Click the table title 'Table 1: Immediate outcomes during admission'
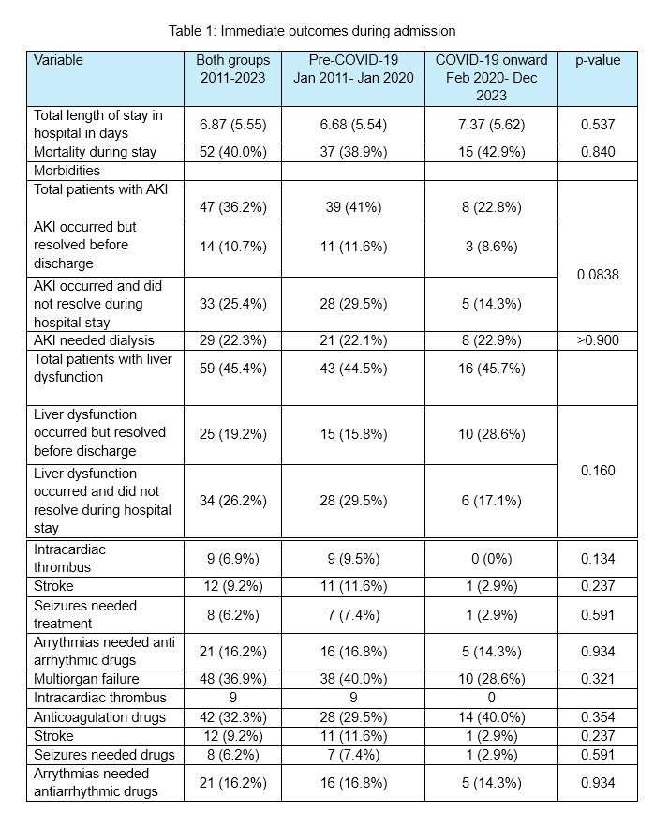[312, 31]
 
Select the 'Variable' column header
[58, 60]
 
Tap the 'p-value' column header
[598, 60]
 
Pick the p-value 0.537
[598, 125]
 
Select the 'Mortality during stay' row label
[95, 152]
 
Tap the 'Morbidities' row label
[67, 171]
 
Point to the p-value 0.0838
[598, 275]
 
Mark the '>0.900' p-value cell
[598, 340]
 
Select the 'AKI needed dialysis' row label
[94, 340]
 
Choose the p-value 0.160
[598, 470]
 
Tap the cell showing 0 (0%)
[492, 559]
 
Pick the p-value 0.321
[598, 678]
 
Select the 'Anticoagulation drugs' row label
[99, 717]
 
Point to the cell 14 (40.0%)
[492, 717]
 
